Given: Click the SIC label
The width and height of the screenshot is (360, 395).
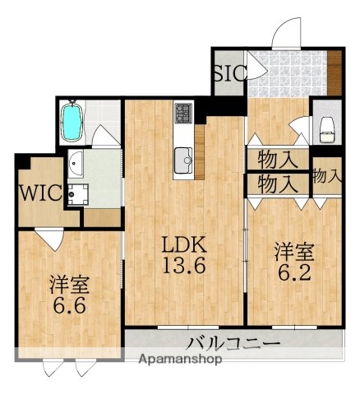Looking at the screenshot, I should pyautogui.click(x=228, y=72).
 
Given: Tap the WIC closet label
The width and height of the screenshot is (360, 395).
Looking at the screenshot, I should pyautogui.click(x=37, y=194).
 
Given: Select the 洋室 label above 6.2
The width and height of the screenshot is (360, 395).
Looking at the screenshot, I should pyautogui.click(x=293, y=249).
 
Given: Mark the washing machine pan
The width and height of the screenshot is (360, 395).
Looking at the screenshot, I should pyautogui.click(x=79, y=194).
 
